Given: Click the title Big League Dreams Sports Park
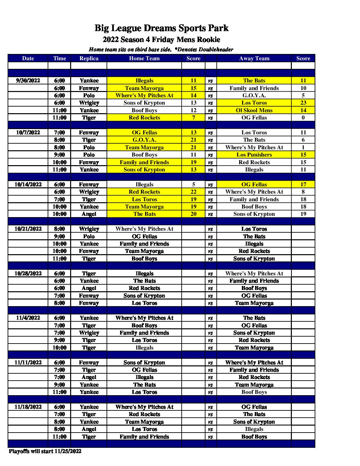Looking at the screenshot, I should point(161,28).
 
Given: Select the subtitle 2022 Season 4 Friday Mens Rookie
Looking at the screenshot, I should point(161,40).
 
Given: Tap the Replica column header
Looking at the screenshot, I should point(89,59).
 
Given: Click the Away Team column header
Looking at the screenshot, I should point(254,59).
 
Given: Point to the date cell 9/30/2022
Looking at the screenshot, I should point(28,80).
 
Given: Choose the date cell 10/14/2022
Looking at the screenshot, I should point(28,184).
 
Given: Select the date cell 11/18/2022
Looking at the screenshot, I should point(28,407).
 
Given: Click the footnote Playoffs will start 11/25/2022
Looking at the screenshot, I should point(45,451).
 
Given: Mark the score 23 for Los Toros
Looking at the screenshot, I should point(303,103).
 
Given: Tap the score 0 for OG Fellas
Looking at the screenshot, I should point(303,117).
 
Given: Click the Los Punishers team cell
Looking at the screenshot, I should point(254,155).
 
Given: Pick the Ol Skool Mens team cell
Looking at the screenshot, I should point(254,110).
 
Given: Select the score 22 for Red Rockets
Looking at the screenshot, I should point(194,192).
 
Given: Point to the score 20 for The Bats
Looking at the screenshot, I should point(194,214).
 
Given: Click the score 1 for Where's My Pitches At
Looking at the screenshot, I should point(303,147).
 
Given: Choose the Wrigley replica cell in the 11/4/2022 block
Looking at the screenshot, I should point(89,333).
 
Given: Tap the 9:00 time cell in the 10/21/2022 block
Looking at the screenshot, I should point(60,236).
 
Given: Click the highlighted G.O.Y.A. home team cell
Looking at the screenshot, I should point(144,140).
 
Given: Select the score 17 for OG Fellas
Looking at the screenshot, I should point(303,184).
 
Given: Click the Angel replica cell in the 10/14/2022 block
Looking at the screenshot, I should point(89,214).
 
